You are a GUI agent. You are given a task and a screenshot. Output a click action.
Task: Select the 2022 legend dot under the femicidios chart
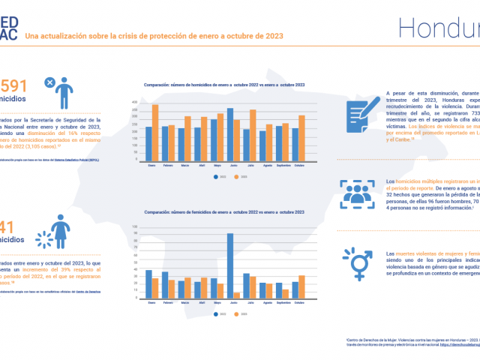pyautogui.click(x=217, y=314)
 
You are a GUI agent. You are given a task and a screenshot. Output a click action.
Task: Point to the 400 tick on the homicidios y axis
pyautogui.click(x=134, y=102)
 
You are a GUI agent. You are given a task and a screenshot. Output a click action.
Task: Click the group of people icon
pyautogui.click(x=357, y=191)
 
